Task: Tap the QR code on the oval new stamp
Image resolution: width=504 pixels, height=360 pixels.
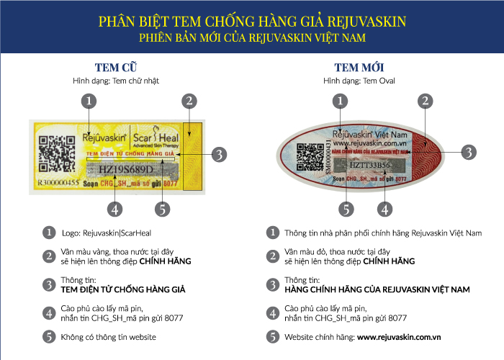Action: coord(310,156)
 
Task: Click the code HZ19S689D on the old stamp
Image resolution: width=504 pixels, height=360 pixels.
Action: coord(126,168)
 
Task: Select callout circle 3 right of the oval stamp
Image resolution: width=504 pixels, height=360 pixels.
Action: coord(469,152)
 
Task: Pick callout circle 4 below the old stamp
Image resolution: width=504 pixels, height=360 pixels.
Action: coord(113,210)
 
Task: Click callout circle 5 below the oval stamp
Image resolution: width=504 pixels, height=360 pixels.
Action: coord(346,210)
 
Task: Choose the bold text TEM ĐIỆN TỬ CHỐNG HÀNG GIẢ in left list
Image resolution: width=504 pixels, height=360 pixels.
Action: coord(124,289)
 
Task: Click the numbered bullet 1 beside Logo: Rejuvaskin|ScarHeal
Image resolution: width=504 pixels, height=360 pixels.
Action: coord(48,233)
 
